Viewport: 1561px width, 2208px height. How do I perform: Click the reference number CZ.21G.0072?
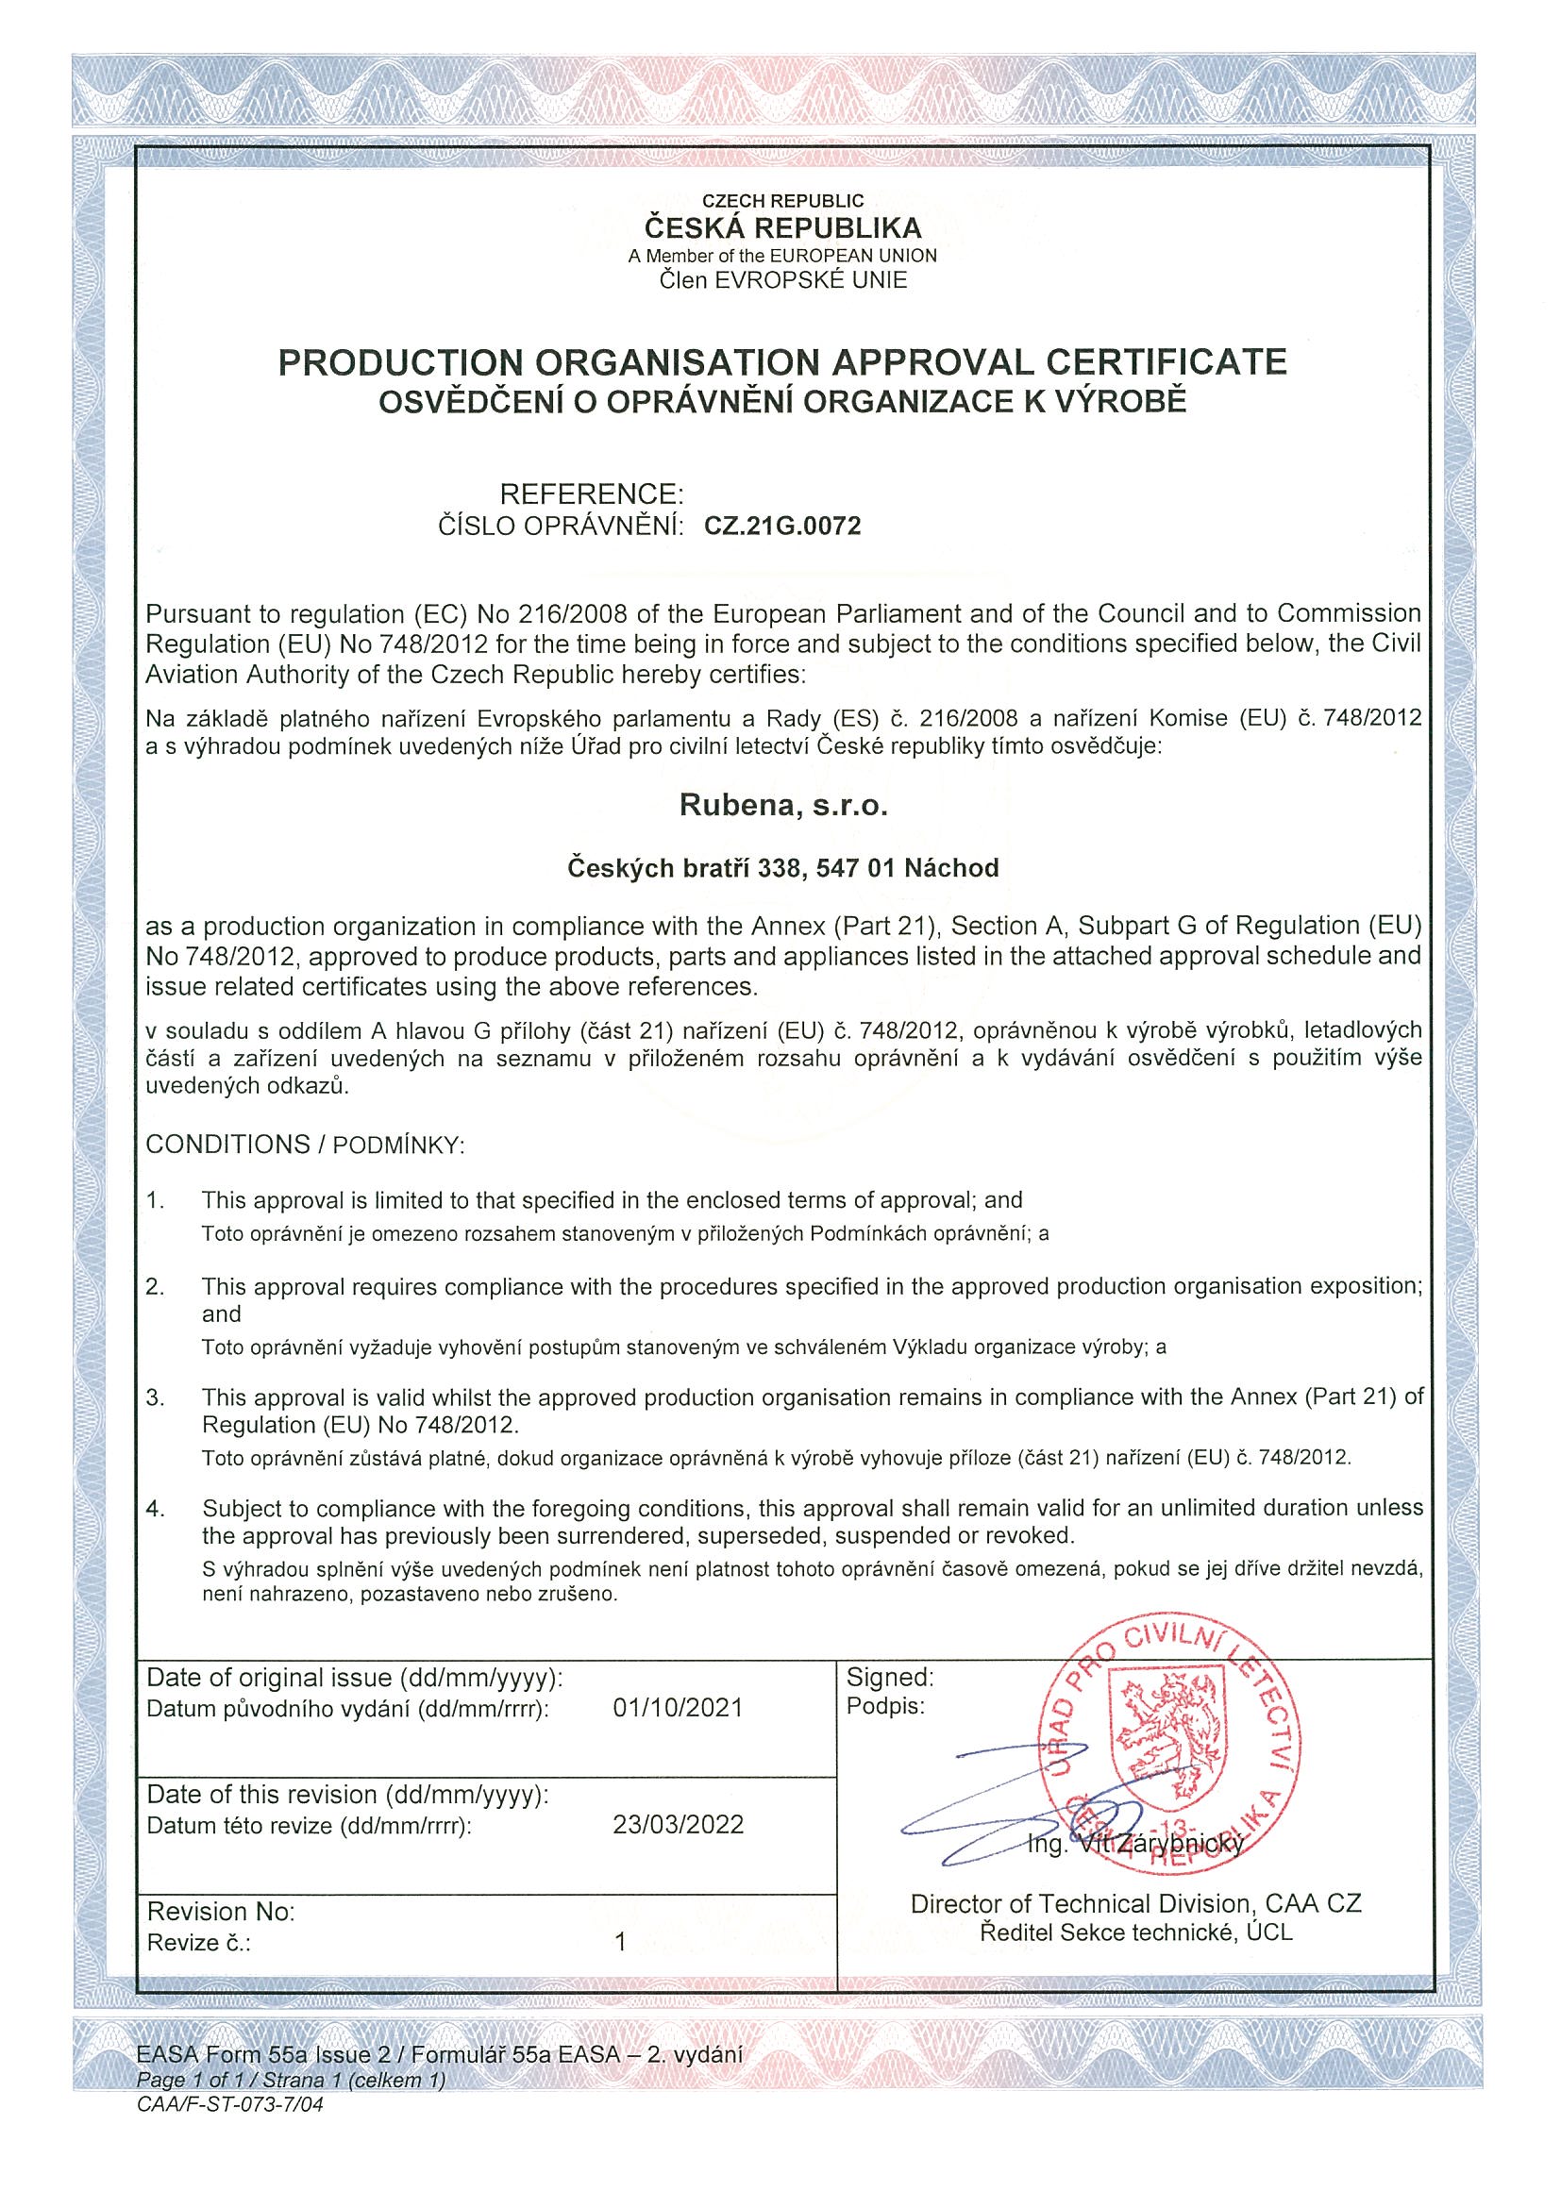tap(782, 526)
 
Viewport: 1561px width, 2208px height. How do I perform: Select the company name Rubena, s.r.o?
tap(783, 805)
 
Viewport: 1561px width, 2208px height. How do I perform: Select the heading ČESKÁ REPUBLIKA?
tap(782, 228)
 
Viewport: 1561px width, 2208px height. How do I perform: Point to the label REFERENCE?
tap(592, 494)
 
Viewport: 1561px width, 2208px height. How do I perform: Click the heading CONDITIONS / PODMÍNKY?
tap(305, 1145)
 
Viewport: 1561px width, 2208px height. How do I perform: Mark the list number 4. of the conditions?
tap(156, 1510)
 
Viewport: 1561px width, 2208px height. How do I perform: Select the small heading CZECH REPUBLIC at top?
tap(782, 201)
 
